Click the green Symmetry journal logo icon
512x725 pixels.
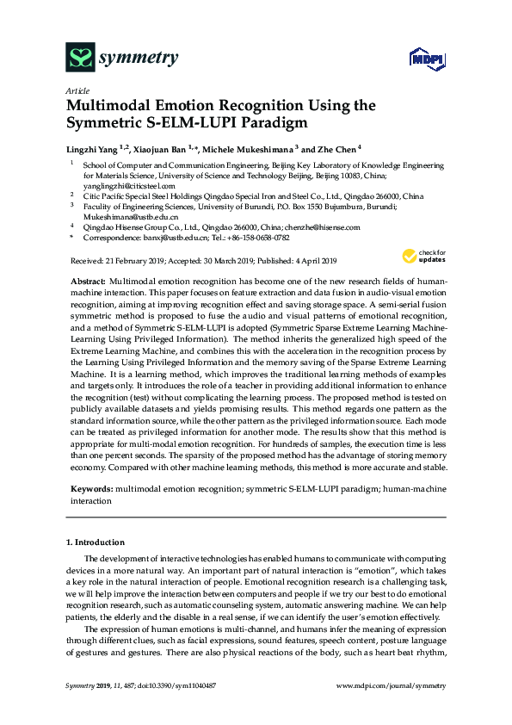point(80,59)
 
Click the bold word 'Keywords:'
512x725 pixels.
point(90,488)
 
